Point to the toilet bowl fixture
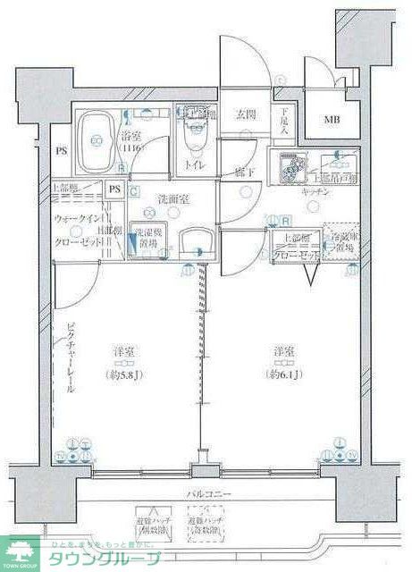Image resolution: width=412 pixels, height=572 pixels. point(195,139)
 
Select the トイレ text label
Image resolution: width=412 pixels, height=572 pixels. point(195,164)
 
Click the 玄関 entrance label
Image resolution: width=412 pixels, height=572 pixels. point(247,114)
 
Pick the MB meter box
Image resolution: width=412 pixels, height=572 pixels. point(332,120)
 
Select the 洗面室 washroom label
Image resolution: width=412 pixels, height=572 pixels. point(147,198)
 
